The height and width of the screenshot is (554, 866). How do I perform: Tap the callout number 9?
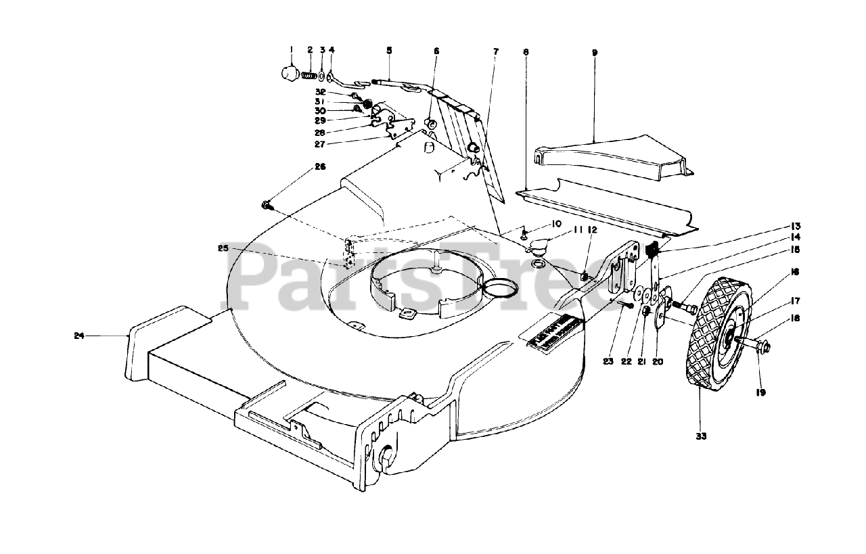(594, 51)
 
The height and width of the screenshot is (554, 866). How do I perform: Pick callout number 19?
(761, 392)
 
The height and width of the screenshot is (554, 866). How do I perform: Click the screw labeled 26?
(266, 204)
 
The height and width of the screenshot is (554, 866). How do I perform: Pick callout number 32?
(321, 92)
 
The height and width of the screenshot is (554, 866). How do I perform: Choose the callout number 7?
(495, 51)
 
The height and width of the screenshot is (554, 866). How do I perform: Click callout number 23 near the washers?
(608, 362)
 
